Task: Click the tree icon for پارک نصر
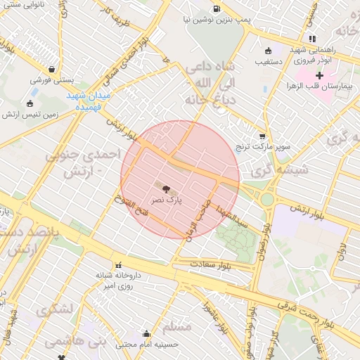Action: [167, 188]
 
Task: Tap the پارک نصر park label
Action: [168, 200]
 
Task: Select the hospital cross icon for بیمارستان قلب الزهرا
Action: [319, 75]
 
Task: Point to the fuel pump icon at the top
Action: [214, 9]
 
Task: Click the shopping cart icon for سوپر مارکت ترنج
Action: [262, 136]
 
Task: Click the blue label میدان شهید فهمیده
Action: [89, 100]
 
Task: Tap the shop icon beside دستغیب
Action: [267, 51]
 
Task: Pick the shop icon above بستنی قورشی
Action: [53, 69]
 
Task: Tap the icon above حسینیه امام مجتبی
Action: [146, 333]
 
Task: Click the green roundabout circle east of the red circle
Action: [267, 200]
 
